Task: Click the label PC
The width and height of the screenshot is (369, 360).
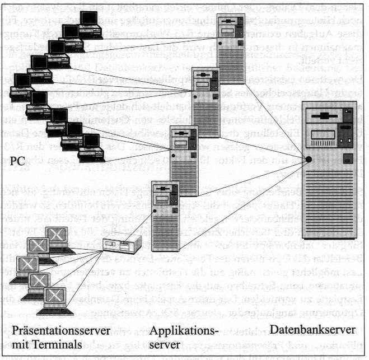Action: coord(18,161)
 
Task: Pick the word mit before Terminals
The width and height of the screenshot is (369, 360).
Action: coord(24,343)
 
